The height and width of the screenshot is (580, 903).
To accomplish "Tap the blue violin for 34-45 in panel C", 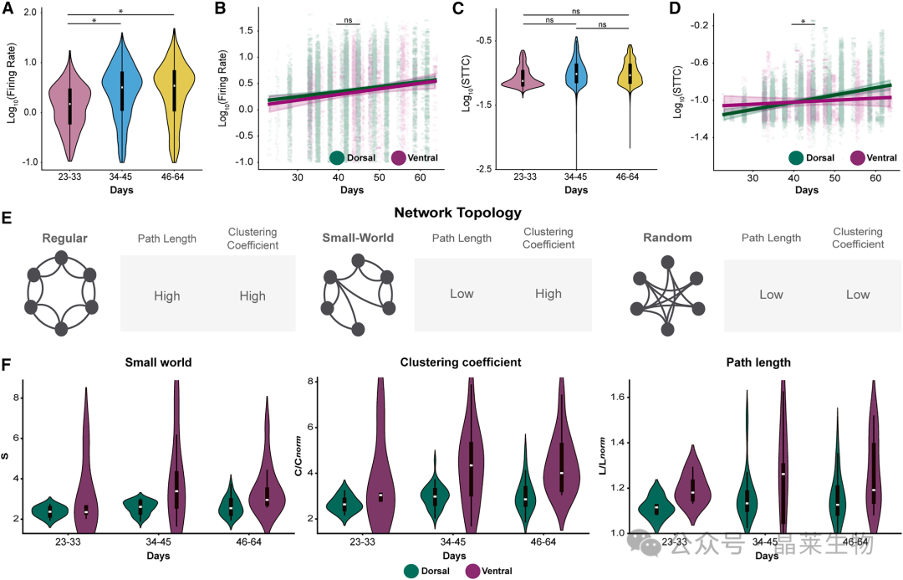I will click(576, 75).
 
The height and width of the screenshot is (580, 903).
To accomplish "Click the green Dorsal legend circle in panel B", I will click(338, 157).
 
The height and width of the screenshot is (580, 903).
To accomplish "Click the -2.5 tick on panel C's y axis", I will click(485, 170).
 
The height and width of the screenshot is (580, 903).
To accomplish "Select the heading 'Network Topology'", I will click(451, 213).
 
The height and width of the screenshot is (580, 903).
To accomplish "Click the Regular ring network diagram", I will click(61, 295).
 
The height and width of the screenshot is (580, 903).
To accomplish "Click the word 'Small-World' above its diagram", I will click(358, 237).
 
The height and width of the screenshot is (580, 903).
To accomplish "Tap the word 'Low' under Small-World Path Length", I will click(462, 295).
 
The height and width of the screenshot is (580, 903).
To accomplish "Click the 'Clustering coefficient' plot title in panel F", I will click(451, 362).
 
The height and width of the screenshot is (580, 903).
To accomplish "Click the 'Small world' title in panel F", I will click(158, 362).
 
